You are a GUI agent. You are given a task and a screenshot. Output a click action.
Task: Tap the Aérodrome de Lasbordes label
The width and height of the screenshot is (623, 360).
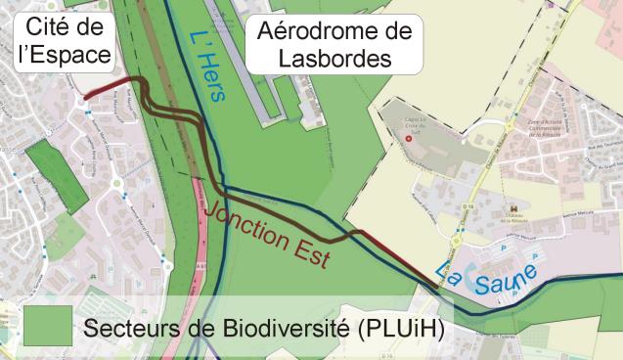click(332, 44)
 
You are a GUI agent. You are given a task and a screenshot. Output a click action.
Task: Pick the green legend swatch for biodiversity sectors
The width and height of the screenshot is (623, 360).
click(47, 323)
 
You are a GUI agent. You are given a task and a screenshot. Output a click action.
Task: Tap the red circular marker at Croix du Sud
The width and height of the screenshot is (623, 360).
click(410, 139)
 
